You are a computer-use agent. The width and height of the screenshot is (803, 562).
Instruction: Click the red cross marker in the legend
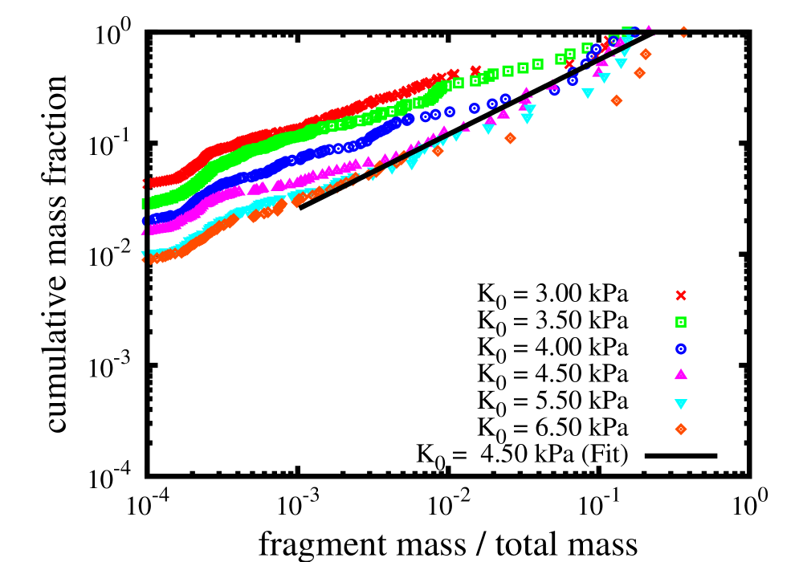[681, 295]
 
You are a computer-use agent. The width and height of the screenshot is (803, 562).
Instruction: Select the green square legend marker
[681, 322]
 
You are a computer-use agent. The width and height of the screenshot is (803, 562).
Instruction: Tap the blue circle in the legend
[681, 349]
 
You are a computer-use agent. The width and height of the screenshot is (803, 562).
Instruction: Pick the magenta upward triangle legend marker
[681, 374]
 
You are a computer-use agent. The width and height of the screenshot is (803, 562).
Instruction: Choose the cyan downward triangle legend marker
[681, 404]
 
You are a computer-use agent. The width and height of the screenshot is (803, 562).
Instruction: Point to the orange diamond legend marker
[681, 430]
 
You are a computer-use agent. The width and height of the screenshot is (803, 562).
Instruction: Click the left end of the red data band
[145, 183]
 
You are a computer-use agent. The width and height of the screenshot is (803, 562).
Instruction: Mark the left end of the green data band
[145, 203]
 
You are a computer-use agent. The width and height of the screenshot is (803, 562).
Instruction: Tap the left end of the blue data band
[145, 220]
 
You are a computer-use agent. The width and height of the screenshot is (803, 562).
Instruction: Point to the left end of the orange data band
[145, 259]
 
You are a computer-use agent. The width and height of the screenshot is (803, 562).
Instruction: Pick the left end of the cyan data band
[145, 252]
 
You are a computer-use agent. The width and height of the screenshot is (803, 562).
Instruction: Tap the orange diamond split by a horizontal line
[683, 32]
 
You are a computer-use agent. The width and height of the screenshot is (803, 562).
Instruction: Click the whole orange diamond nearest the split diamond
[646, 54]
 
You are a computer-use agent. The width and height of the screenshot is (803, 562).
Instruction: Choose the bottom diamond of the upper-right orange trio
[617, 100]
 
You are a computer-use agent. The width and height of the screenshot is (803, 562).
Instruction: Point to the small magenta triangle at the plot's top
[648, 28]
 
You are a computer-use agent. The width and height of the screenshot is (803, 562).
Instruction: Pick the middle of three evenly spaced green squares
[523, 68]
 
